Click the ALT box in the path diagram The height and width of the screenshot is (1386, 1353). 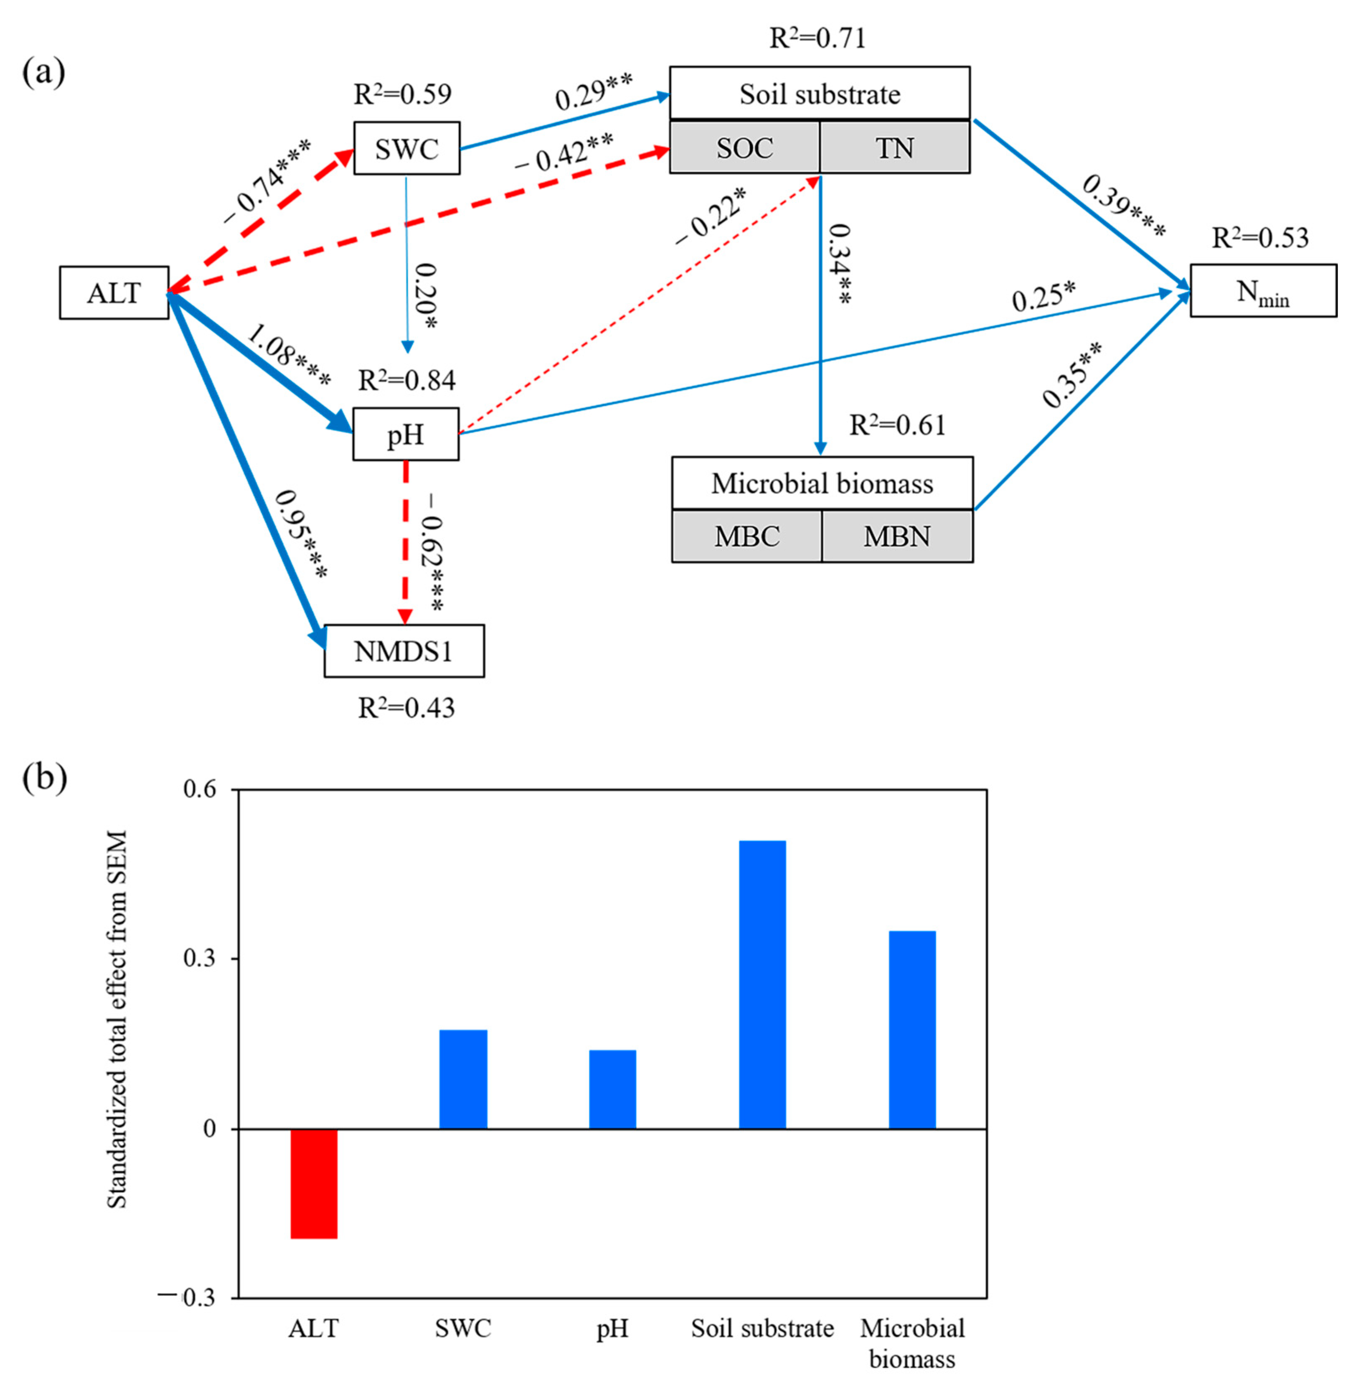[x=114, y=293]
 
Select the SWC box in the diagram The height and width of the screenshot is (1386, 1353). [x=406, y=148]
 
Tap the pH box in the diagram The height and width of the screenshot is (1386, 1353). [x=406, y=434]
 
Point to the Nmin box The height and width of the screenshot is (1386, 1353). [x=1263, y=291]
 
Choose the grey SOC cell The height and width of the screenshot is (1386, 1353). [x=745, y=147]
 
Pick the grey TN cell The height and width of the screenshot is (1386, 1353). [x=895, y=147]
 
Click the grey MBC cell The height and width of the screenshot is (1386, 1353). [x=747, y=536]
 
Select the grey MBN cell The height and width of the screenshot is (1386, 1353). [x=897, y=536]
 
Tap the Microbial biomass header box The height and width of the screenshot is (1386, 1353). [x=822, y=483]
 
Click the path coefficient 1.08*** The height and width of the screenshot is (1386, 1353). [x=288, y=356]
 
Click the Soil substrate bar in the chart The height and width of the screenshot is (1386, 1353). [x=762, y=984]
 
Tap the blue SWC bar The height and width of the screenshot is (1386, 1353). [x=463, y=1079]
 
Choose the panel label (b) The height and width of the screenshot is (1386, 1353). [x=44, y=779]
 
